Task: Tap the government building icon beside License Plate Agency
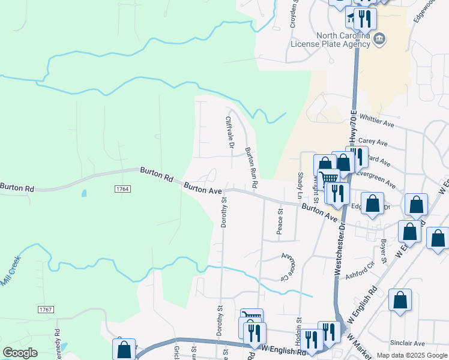click(x=379, y=40)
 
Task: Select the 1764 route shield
click(x=122, y=188)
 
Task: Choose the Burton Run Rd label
click(x=250, y=169)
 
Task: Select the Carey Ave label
click(x=370, y=141)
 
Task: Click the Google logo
click(x=20, y=353)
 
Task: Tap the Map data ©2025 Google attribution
click(x=412, y=355)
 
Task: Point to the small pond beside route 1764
click(x=83, y=194)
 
